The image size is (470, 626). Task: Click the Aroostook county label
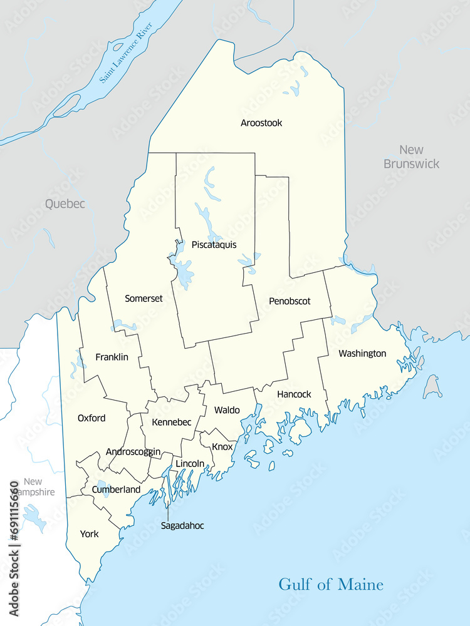click(x=261, y=123)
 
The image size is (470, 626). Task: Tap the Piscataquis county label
click(x=214, y=245)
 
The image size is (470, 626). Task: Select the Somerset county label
click(x=144, y=299)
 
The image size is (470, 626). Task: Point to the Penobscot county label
click(x=290, y=301)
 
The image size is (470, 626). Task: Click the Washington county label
click(x=362, y=354)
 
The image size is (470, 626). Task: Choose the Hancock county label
click(x=294, y=394)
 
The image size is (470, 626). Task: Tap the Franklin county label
click(x=112, y=357)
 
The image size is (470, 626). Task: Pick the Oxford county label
click(x=91, y=418)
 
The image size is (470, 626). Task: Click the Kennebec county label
click(x=171, y=423)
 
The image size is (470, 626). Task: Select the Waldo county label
click(x=227, y=410)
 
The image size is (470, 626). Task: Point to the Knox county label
click(x=222, y=447)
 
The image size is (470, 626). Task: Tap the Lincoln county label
click(x=190, y=463)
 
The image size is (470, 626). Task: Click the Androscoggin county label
click(x=133, y=451)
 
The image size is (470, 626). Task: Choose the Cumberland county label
click(x=116, y=490)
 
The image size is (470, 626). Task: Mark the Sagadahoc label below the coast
click(x=182, y=526)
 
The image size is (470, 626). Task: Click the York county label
click(x=89, y=534)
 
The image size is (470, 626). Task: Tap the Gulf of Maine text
click(x=331, y=585)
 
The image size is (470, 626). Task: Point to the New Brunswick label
click(x=412, y=156)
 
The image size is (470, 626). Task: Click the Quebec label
click(x=65, y=203)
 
